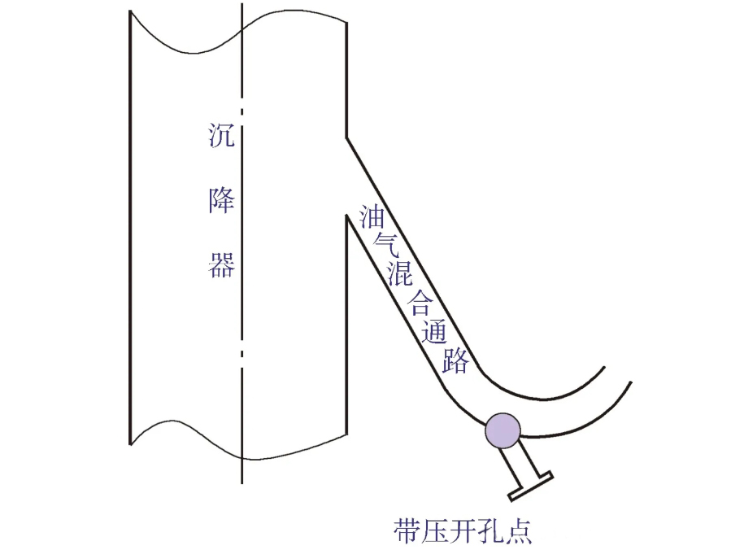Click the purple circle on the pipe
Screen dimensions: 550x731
(x=503, y=430)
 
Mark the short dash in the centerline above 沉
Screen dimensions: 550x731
(x=241, y=109)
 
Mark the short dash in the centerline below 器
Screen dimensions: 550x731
(x=241, y=353)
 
